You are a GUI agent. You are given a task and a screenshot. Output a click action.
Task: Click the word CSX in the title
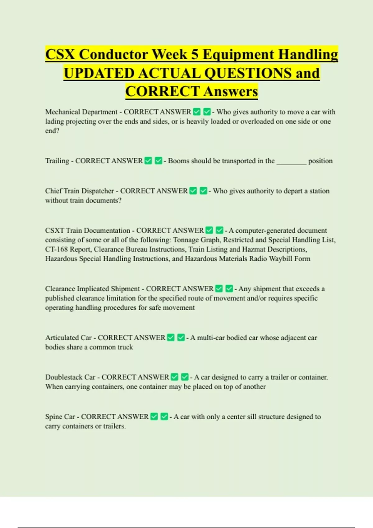(x=60, y=55)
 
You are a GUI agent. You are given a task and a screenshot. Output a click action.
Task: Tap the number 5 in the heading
(x=194, y=55)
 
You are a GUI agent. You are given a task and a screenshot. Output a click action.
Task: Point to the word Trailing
(x=57, y=161)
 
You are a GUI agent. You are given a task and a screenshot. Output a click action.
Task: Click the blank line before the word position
(x=291, y=162)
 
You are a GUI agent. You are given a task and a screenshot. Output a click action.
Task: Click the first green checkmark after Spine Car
(x=154, y=416)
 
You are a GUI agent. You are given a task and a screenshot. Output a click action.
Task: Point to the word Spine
(x=53, y=416)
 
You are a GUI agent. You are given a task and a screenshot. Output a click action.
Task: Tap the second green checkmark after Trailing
(x=159, y=161)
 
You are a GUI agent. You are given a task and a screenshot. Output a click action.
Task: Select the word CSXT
(x=54, y=230)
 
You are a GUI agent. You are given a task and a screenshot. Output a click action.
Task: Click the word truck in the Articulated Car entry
(x=125, y=347)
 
